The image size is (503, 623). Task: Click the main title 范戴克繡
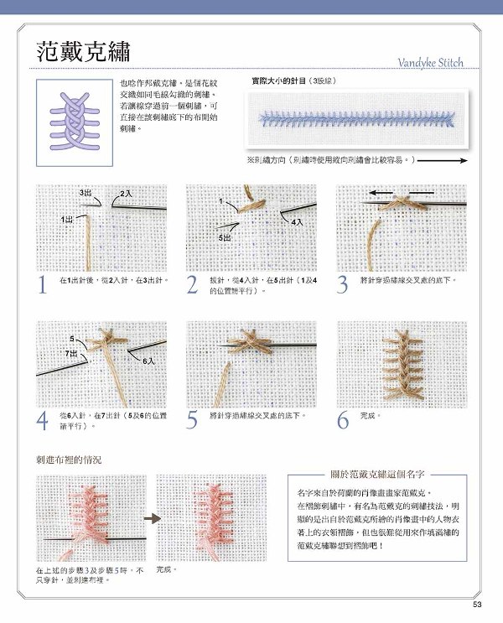(x=89, y=52)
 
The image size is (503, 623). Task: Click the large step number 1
(x=42, y=285)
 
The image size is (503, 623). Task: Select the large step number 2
(x=193, y=285)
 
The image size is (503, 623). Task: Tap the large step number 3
(x=342, y=285)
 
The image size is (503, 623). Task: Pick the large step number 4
(x=42, y=420)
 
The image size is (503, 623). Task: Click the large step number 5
(x=193, y=420)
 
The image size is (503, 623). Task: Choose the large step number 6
(x=342, y=420)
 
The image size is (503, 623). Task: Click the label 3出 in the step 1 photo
(x=86, y=193)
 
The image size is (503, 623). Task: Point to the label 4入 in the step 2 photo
(x=298, y=223)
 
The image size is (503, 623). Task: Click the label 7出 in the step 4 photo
(x=70, y=355)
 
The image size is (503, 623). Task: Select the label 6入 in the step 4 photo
(x=148, y=361)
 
